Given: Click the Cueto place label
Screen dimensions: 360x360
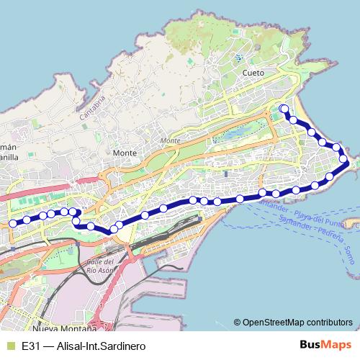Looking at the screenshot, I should coord(253,73).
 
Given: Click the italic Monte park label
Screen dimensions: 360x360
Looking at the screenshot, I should coord(171,140).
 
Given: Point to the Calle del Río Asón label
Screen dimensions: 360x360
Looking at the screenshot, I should coord(101,264).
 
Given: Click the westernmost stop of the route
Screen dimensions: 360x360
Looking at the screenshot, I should coord(12,223).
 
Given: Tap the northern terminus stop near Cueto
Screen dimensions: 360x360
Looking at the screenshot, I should coord(284,109).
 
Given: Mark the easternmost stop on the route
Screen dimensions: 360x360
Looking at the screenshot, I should coord(343,159).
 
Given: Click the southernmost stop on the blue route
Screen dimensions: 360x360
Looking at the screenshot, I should coord(114,229).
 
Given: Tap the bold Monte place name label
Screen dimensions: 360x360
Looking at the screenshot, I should coord(125,153).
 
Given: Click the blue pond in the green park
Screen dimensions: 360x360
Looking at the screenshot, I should coord(233,134).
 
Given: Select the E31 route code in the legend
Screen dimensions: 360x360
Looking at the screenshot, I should coord(30,346).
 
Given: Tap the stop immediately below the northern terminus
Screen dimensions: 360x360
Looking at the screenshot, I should coord(292,120).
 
